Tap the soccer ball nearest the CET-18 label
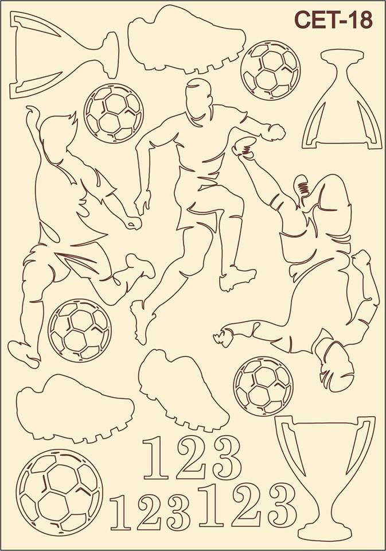[x=271, y=70]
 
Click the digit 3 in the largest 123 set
[x=280, y=505]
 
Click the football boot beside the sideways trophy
[x=186, y=40]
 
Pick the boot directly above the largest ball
[x=75, y=408]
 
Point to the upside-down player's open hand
[x=223, y=336]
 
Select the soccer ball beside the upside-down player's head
[x=263, y=386]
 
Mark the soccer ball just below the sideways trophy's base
[x=114, y=113]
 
